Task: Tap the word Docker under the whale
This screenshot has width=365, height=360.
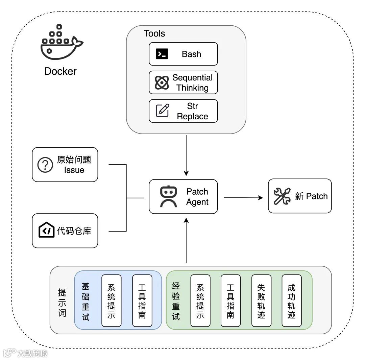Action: click(60, 71)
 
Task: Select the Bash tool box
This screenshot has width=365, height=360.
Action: click(183, 54)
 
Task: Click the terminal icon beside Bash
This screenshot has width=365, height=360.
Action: click(162, 54)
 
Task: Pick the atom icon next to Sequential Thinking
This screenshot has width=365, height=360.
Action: click(162, 82)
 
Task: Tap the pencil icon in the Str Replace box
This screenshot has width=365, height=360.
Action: click(162, 111)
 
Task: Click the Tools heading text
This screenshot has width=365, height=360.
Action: click(154, 33)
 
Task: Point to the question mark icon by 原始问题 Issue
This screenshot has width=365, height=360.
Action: click(45, 165)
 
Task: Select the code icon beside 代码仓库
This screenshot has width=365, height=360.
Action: click(47, 231)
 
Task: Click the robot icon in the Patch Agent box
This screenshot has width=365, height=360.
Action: click(168, 196)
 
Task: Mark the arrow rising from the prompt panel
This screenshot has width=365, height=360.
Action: click(186, 240)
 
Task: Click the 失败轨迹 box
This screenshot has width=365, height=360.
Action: click(261, 301)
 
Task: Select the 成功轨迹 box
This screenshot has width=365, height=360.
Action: click(291, 301)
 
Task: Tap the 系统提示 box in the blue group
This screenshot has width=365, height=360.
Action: click(111, 301)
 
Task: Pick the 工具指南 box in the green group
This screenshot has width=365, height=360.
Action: click(230, 301)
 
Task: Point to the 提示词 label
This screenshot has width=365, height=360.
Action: click(62, 302)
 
